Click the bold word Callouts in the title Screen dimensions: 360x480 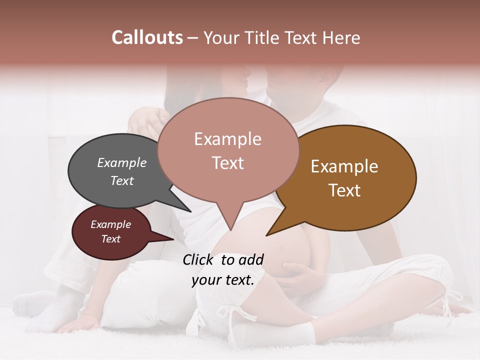(x=147, y=37)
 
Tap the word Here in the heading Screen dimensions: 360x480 (x=339, y=37)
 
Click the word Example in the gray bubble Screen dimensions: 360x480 (x=122, y=162)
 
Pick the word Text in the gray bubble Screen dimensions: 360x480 (x=122, y=180)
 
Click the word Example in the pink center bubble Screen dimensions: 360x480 (x=227, y=139)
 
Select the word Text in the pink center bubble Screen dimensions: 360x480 (x=227, y=162)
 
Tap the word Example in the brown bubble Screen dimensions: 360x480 (x=344, y=166)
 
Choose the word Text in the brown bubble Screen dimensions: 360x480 (x=344, y=190)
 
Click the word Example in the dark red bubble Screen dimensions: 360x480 (x=110, y=224)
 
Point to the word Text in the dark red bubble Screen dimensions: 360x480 (x=110, y=239)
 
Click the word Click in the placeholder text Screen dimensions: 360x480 (x=199, y=259)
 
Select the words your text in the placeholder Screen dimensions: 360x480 (x=223, y=280)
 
